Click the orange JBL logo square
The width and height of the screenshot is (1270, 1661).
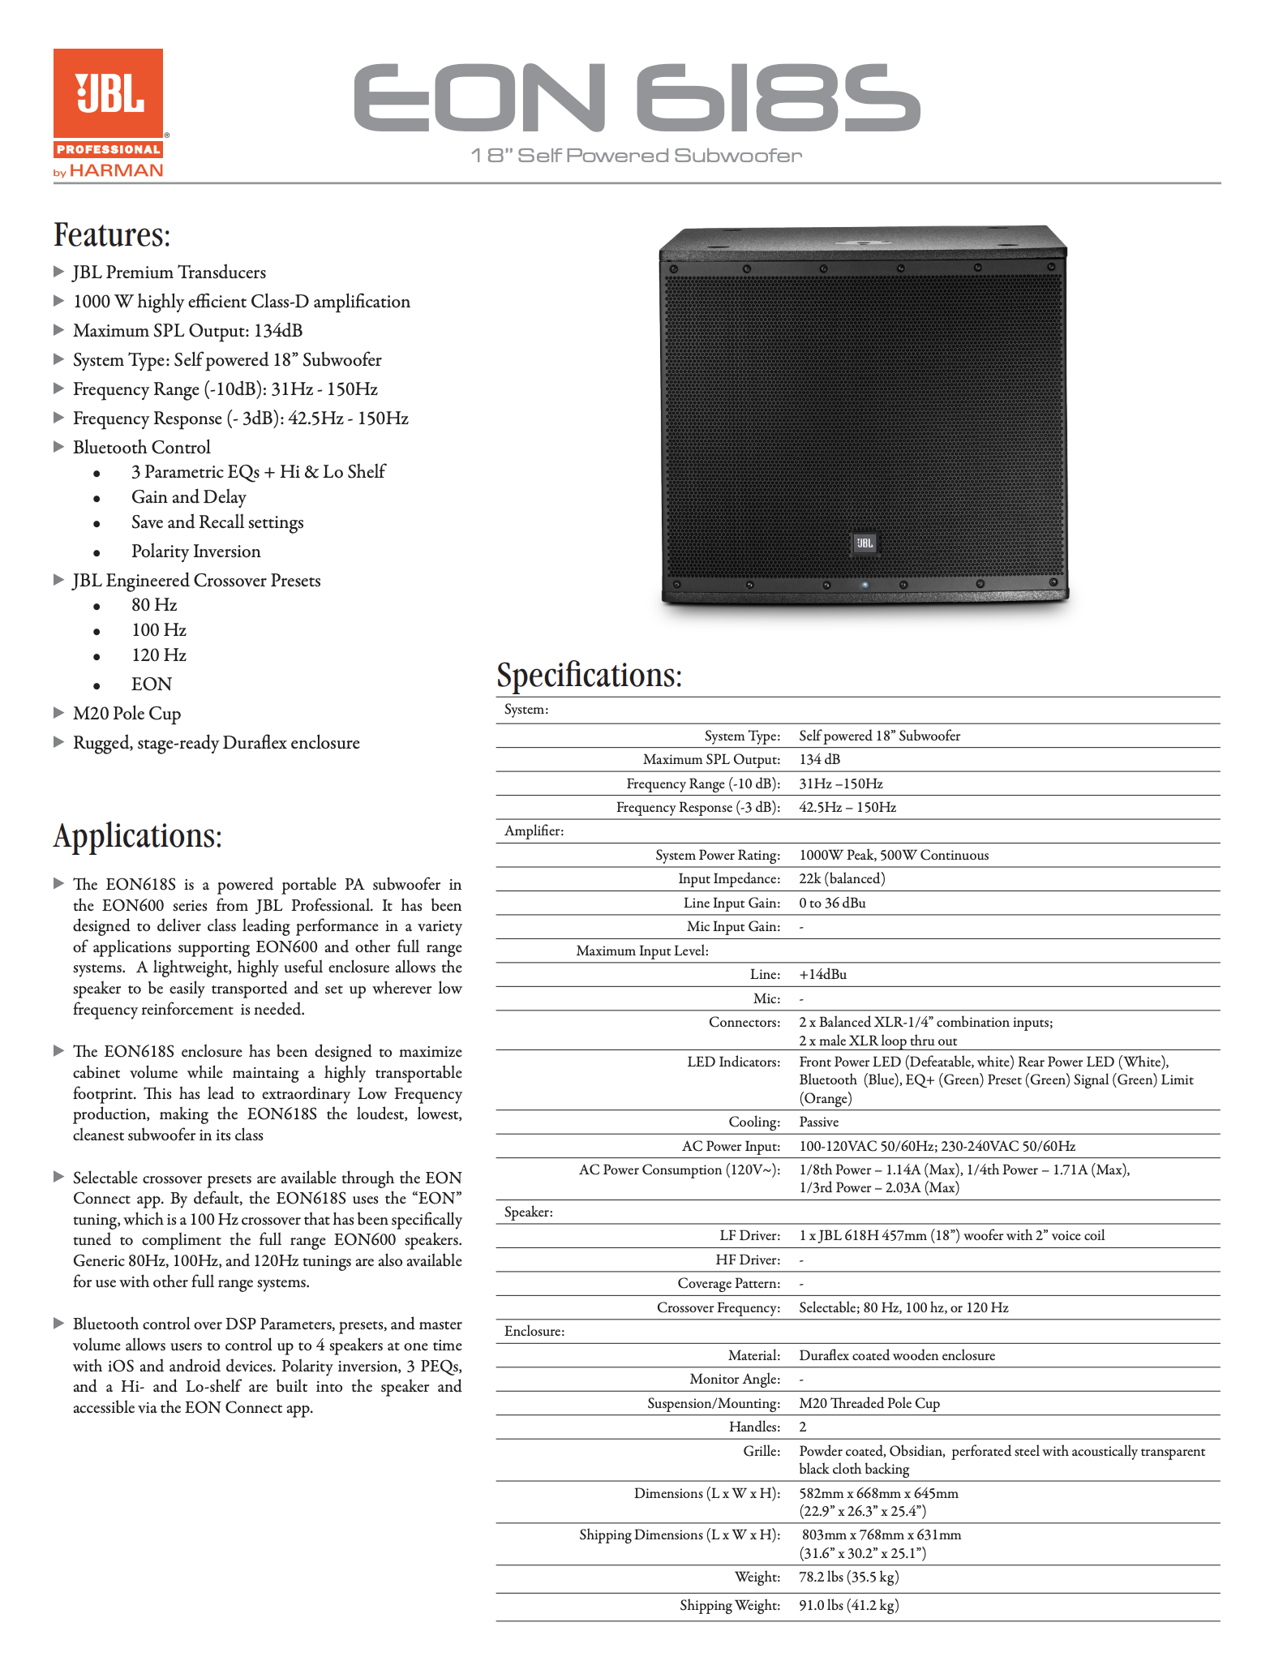[108, 94]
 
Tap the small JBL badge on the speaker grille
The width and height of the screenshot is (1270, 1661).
[865, 543]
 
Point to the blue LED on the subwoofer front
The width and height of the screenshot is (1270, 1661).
[865, 584]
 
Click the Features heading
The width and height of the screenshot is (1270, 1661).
[112, 235]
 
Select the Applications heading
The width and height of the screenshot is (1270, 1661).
[138, 836]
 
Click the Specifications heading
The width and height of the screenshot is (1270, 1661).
[590, 675]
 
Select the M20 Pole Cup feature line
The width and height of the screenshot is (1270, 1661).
[127, 714]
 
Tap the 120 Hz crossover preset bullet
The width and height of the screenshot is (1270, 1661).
[159, 655]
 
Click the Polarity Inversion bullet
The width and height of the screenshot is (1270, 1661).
[195, 552]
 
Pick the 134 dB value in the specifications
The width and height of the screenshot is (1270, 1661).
[820, 760]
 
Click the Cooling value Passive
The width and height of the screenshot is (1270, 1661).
[819, 1122]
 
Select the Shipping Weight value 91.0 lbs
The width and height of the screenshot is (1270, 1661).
[849, 1606]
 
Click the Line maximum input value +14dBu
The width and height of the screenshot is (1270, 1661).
[823, 975]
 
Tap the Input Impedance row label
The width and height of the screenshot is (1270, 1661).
[729, 879]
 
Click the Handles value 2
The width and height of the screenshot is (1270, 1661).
[803, 1427]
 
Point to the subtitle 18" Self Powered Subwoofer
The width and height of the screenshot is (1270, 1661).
[637, 156]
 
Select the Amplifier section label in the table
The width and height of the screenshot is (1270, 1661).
[534, 831]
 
